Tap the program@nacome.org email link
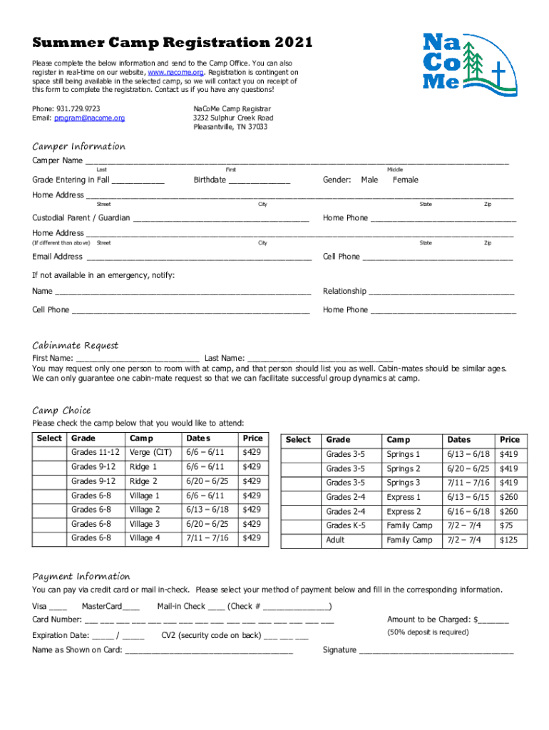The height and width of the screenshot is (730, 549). [90, 118]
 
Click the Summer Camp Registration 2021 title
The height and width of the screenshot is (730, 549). [172, 43]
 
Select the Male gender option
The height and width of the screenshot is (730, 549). [369, 180]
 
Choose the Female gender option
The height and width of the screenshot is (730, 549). [406, 180]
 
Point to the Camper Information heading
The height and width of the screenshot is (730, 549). [78, 146]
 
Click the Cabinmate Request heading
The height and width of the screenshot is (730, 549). [75, 345]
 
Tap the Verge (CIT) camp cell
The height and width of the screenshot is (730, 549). [150, 453]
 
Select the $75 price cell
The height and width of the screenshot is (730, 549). [507, 525]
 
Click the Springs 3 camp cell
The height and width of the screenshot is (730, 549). [403, 483]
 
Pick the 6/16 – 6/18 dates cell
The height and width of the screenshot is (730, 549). [468, 511]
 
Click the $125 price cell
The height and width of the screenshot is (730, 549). [509, 540]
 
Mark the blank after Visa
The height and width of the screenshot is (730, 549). [59, 607]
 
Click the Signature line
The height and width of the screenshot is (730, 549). [436, 651]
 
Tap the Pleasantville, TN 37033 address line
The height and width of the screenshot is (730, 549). [230, 127]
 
